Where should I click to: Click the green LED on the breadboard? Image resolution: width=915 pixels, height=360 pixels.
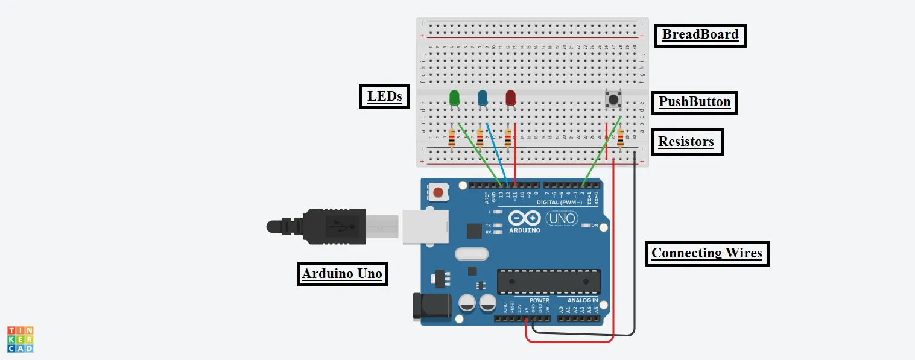(x=455, y=98)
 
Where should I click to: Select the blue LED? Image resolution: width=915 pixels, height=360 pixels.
(x=483, y=98)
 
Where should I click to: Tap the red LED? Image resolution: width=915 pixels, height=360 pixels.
(x=510, y=98)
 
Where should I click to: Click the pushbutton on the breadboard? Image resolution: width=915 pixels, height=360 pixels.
(x=613, y=99)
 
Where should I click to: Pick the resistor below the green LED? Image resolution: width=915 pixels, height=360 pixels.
(x=452, y=138)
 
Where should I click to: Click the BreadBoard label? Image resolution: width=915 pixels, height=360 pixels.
(x=700, y=34)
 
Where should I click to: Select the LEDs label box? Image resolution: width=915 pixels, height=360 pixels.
(x=384, y=96)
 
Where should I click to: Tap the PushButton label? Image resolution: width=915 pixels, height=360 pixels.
(x=694, y=102)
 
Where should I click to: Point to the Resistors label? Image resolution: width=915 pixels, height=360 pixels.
(x=686, y=142)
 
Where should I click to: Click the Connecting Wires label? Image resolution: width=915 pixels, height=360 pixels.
(x=707, y=253)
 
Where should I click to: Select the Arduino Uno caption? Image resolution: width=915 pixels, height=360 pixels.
(x=342, y=273)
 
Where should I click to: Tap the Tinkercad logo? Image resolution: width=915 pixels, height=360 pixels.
(x=20, y=339)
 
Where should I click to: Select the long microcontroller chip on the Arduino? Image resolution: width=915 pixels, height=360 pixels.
(x=548, y=282)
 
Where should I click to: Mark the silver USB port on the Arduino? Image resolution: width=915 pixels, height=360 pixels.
(x=425, y=227)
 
